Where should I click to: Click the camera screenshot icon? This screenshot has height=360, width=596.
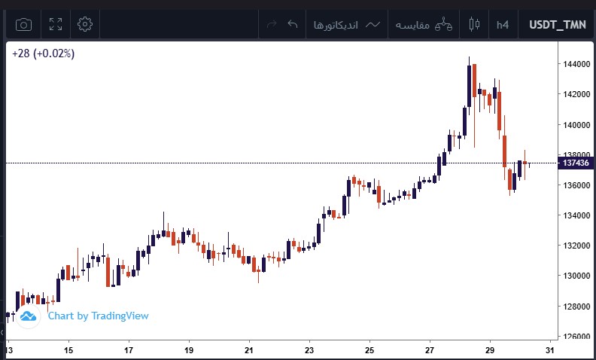(x=24, y=25)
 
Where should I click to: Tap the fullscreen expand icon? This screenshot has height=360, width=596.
(x=55, y=25)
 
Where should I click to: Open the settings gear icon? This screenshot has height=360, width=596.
(x=85, y=25)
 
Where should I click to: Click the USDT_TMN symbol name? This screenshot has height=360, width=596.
(x=558, y=25)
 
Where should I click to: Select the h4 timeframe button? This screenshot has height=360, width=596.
(x=503, y=25)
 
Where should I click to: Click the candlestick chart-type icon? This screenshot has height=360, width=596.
(x=473, y=25)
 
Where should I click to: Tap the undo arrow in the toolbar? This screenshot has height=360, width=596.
(x=293, y=25)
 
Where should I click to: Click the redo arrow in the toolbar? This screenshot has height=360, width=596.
(x=272, y=25)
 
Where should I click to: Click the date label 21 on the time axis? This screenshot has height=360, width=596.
(x=249, y=350)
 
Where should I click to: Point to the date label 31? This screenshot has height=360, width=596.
(x=550, y=350)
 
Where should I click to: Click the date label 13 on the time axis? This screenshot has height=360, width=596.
(x=9, y=350)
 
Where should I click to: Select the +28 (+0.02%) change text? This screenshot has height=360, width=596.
(x=43, y=53)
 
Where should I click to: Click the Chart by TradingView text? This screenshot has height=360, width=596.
(x=98, y=316)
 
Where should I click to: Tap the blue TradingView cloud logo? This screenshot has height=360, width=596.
(x=29, y=316)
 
